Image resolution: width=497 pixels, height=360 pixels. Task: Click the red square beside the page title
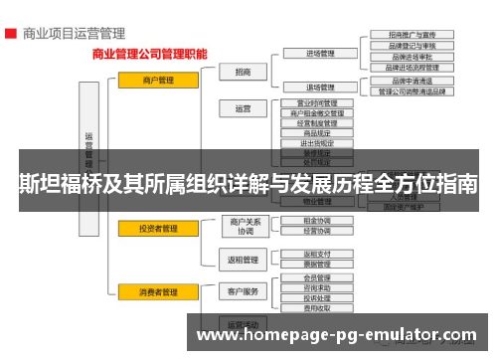[10, 33]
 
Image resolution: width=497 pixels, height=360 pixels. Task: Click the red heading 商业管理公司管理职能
[150, 56]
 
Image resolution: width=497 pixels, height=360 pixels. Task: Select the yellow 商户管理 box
[151, 80]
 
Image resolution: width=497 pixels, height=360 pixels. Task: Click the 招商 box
[243, 72]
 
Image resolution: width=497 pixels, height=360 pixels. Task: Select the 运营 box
[243, 108]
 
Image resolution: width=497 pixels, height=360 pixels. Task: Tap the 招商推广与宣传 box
[410, 35]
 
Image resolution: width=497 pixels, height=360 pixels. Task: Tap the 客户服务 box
[244, 291]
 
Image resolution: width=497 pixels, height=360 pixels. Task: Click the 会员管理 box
[317, 278]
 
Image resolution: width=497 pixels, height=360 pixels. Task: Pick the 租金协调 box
[317, 220]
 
